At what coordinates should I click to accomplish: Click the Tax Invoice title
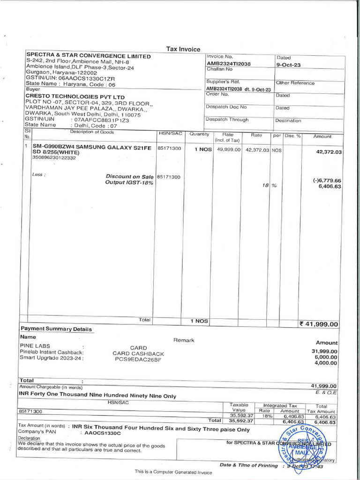click(x=183, y=49)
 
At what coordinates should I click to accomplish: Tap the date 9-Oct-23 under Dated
click(x=288, y=65)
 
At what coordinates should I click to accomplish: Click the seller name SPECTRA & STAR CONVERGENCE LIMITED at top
click(x=89, y=56)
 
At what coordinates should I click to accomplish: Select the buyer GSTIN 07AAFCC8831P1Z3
click(x=101, y=120)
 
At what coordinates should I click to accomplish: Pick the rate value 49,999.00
click(x=228, y=150)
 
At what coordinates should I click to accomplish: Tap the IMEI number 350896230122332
click(x=54, y=157)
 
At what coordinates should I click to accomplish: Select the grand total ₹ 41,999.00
click(x=318, y=323)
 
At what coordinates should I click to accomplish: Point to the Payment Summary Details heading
click(x=56, y=329)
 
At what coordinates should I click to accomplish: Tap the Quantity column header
click(x=199, y=134)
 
